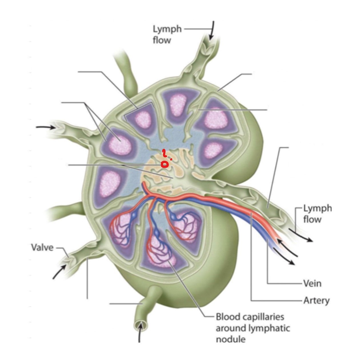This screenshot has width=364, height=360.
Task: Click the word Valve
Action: pos(42,247)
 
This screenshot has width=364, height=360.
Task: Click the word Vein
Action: pos(312,283)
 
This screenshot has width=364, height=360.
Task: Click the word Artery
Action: pos(316,300)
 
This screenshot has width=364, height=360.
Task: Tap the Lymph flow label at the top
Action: pos(167,34)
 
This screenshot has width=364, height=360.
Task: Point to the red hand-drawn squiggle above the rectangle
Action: pos(164,153)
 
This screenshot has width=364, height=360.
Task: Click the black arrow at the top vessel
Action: pos(212,30)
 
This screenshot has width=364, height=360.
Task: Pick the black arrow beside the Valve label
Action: pos(59,271)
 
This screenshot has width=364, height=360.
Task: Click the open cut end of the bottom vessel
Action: pos(140,325)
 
